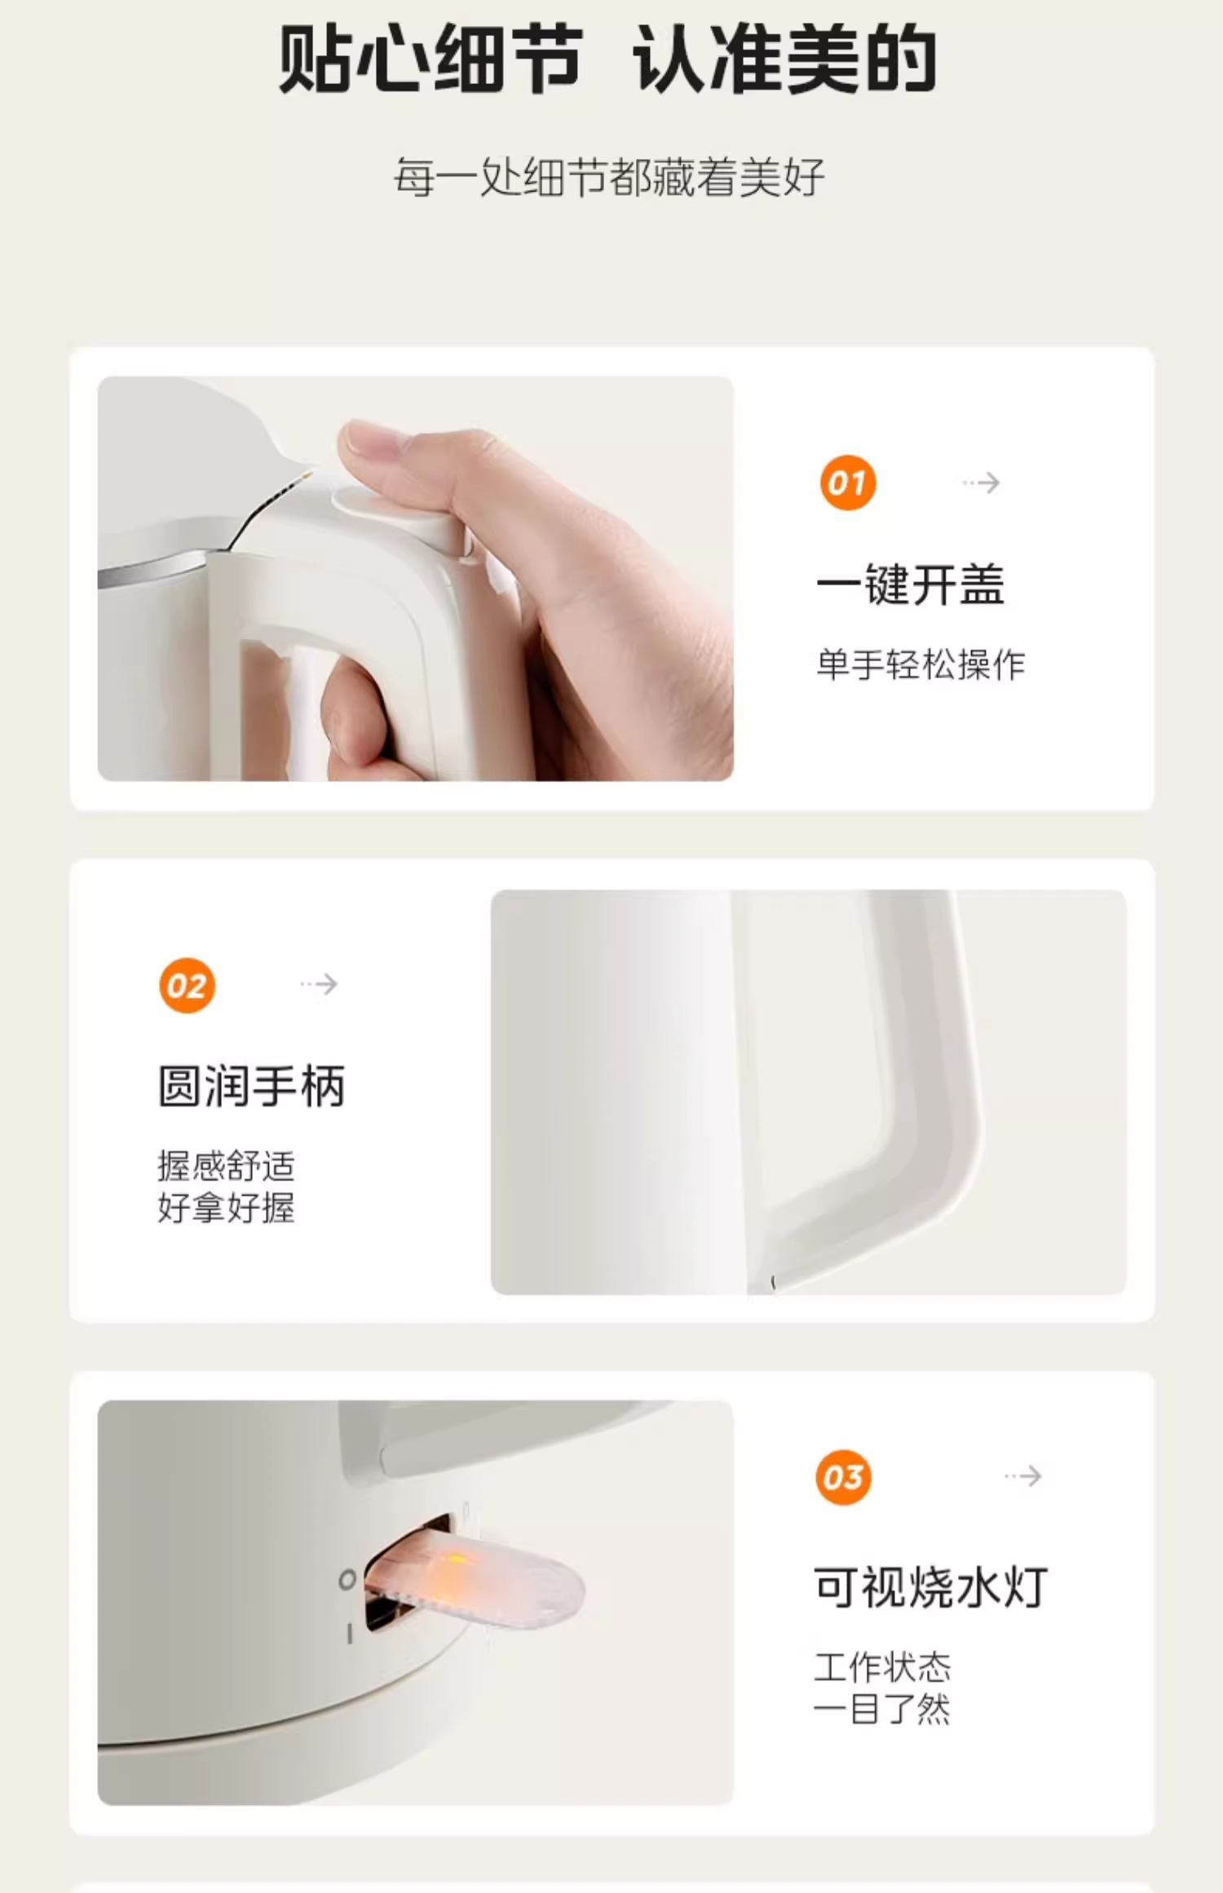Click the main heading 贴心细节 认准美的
click(607, 59)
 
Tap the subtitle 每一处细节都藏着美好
click(609, 177)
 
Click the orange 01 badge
click(848, 483)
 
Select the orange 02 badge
click(188, 985)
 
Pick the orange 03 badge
click(843, 1477)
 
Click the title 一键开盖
click(911, 585)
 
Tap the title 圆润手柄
click(252, 1086)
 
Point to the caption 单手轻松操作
click(921, 664)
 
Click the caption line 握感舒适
click(226, 1166)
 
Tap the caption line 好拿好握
click(226, 1207)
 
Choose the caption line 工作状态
click(883, 1666)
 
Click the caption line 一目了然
click(883, 1708)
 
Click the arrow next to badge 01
click(981, 483)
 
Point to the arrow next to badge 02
click(319, 984)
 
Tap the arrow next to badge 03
click(1023, 1476)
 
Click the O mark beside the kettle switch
click(347, 1580)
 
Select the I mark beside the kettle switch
click(350, 1634)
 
